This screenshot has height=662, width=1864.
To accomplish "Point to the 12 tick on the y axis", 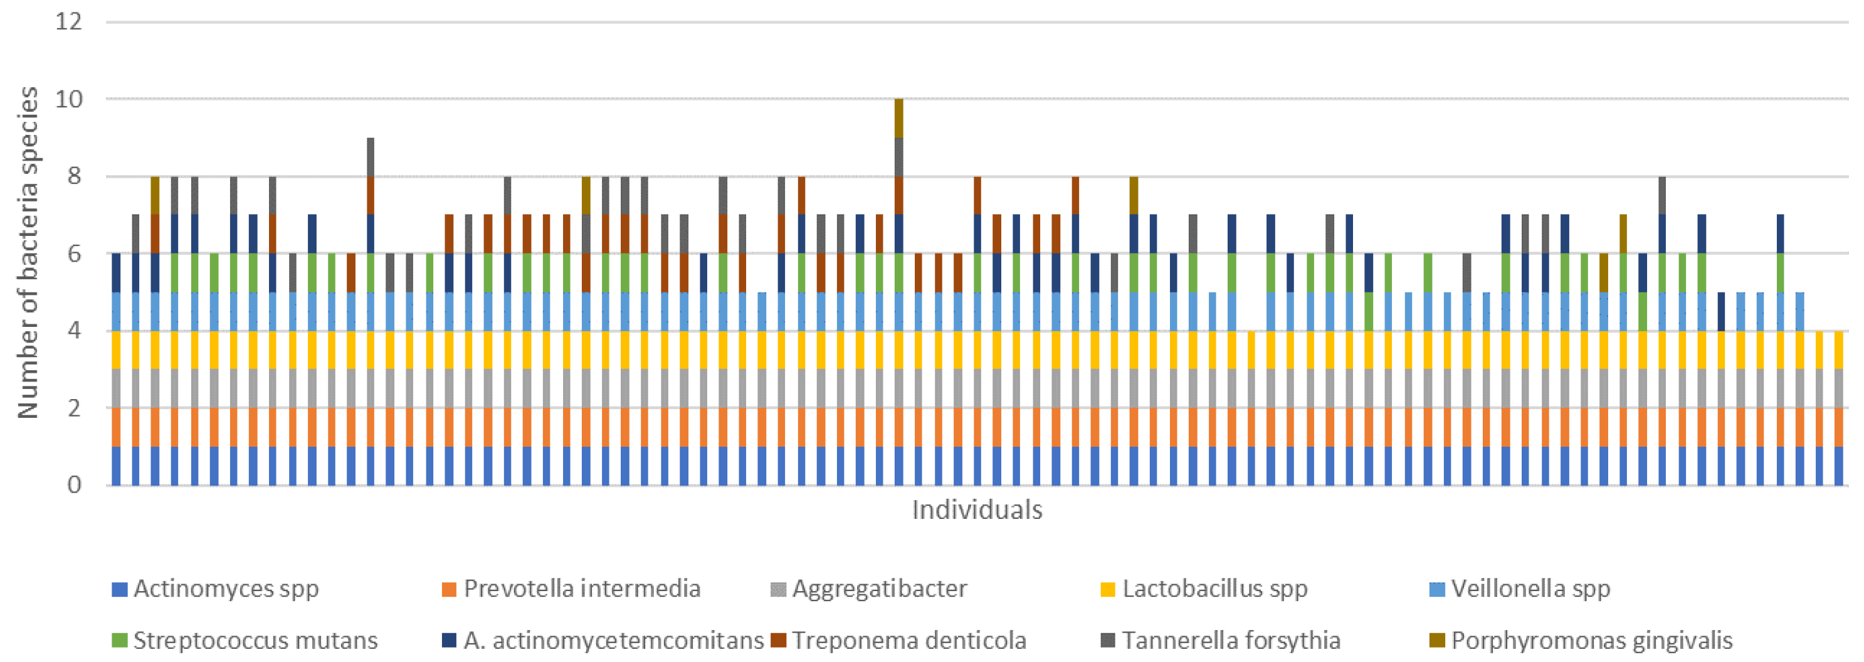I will click(69, 22).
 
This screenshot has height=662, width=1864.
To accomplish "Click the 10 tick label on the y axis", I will click(69, 99).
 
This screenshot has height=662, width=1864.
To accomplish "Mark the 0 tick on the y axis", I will click(75, 484).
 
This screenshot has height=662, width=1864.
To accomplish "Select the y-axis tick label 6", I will click(75, 254).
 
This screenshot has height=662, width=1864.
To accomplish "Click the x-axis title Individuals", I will click(977, 510).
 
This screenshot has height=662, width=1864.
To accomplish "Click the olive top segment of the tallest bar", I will click(898, 118).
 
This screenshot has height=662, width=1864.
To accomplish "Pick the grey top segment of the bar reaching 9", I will click(371, 156).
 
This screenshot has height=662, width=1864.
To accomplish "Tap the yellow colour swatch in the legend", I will click(1107, 589).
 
